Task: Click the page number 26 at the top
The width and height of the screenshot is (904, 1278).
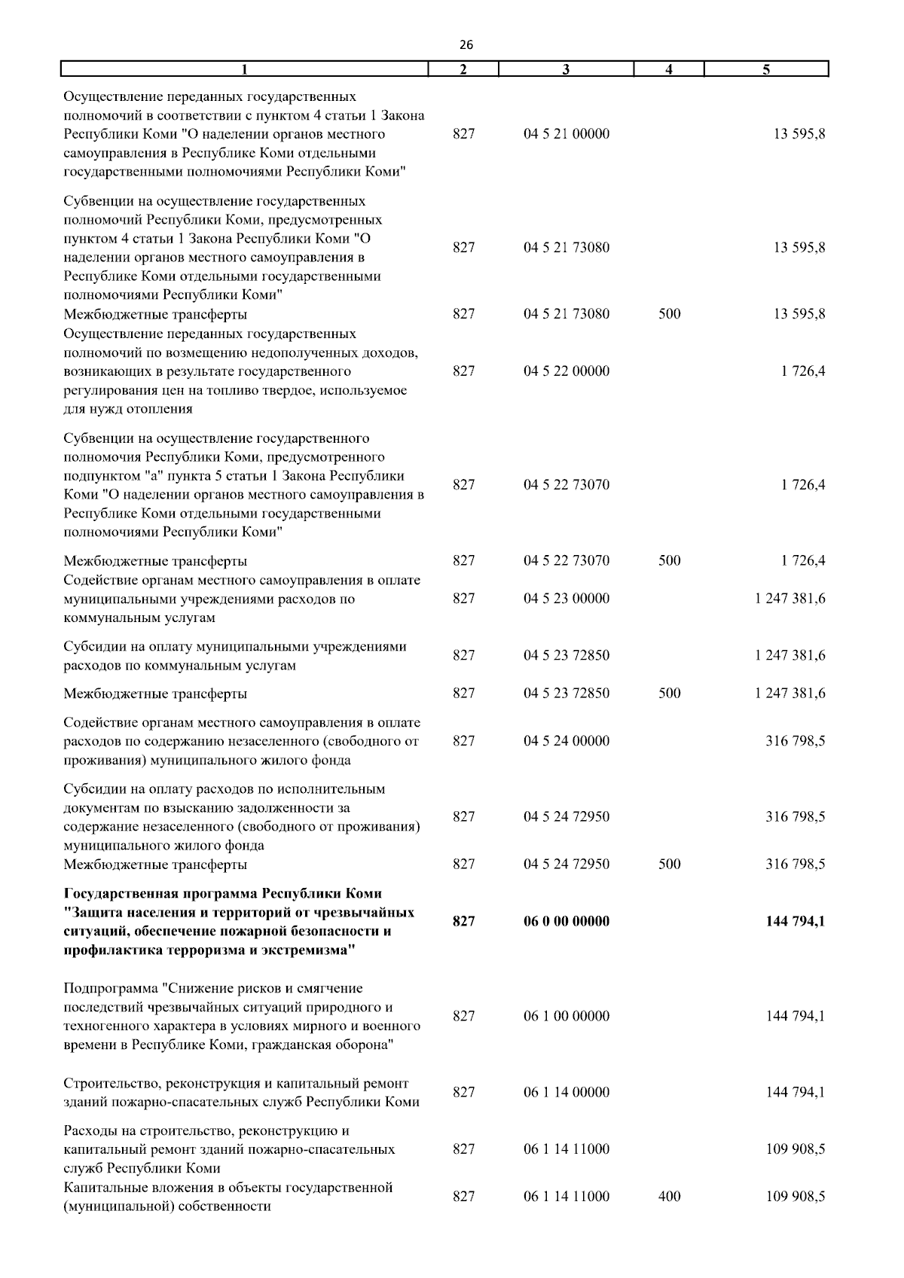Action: (x=466, y=45)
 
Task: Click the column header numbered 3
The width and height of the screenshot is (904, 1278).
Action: (x=566, y=70)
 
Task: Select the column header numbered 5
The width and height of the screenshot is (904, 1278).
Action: (x=765, y=70)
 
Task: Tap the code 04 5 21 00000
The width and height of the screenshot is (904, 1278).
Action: (x=567, y=135)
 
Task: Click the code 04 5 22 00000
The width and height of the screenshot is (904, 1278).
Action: (x=567, y=371)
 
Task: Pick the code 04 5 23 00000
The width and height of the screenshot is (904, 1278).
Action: (x=567, y=599)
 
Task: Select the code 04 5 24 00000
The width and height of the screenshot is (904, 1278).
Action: (x=567, y=741)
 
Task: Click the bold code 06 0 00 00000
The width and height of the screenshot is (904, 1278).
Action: (x=567, y=921)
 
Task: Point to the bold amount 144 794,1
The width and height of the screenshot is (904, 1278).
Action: (x=795, y=921)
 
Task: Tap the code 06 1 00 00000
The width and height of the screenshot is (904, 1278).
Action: (x=567, y=1016)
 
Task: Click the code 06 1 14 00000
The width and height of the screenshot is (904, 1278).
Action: (x=567, y=1092)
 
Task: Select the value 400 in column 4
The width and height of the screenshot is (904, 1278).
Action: (x=669, y=1196)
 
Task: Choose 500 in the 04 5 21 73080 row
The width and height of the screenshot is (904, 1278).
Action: (x=669, y=314)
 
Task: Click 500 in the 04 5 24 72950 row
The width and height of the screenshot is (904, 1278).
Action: (x=669, y=864)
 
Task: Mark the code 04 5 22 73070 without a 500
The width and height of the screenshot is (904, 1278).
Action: (x=567, y=485)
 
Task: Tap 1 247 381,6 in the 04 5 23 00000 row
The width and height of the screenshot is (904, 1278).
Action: (x=789, y=599)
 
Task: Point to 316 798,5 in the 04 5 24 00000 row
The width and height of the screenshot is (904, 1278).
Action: (x=795, y=741)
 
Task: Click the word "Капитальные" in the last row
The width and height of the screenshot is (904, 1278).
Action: (x=102, y=1188)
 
